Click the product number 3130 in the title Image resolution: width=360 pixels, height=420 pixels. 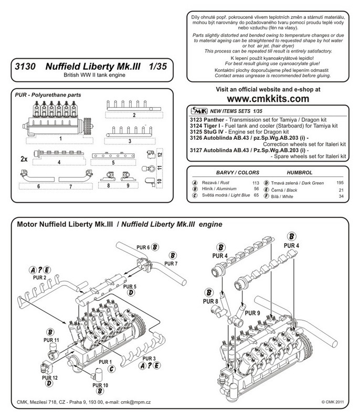(27, 68)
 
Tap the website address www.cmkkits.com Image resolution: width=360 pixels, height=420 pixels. (268, 98)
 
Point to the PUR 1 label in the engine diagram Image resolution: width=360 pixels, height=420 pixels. (107, 362)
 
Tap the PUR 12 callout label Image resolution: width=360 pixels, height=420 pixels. (47, 377)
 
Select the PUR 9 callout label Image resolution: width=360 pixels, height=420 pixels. (253, 313)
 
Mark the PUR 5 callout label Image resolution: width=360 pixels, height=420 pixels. (130, 286)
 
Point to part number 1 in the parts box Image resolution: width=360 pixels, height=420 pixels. (61, 139)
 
